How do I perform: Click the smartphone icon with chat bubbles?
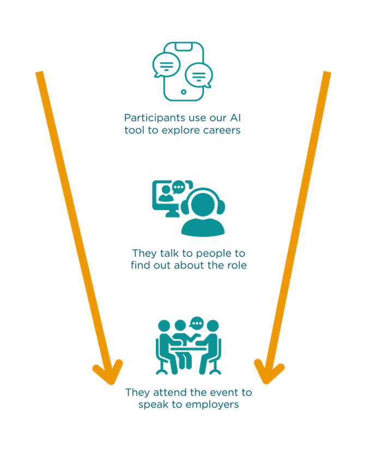tap(183, 71)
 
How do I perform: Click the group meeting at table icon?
tap(188, 346)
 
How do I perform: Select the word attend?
tap(166, 392)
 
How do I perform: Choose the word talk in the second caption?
tap(164, 254)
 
